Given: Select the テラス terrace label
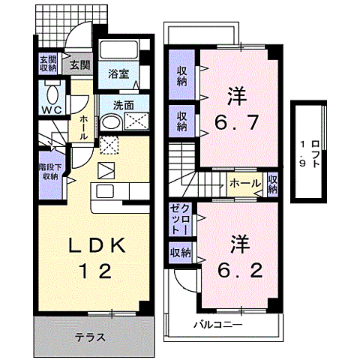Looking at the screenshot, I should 89,337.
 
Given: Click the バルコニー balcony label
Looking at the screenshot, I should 217,325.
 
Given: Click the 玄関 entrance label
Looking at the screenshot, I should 79,64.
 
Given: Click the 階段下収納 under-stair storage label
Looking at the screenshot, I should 49,172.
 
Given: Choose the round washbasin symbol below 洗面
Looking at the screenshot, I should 109,124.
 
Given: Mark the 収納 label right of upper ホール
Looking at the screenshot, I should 272,183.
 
